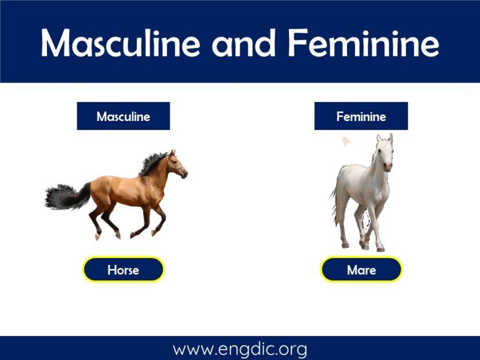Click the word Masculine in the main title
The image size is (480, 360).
coord(120,43)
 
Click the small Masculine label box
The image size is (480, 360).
coord(123,116)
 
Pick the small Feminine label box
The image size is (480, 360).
coord(361,116)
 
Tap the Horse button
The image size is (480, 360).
coord(123,269)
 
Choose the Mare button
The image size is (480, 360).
coord(361,269)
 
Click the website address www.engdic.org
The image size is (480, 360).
coord(240,349)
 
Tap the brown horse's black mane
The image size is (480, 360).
coord(151,163)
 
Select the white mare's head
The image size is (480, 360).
coord(385,152)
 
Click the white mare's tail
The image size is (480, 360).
coord(334,201)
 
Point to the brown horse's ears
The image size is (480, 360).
coord(172,153)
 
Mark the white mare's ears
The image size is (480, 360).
coord(384,138)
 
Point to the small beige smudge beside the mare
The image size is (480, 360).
coord(346,140)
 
